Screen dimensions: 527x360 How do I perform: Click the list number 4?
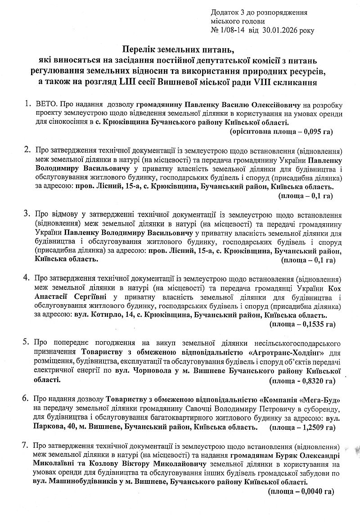[x=27, y=276]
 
